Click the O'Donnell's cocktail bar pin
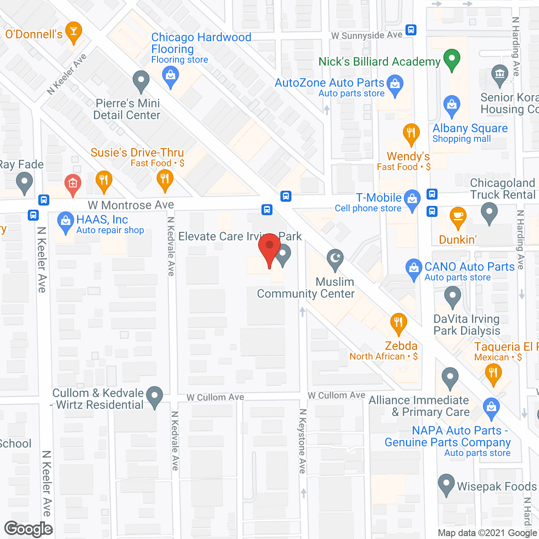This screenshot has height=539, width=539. click(x=74, y=32)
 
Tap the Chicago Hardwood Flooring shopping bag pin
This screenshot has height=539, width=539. click(x=170, y=77)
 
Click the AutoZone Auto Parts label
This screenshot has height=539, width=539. click(x=329, y=83)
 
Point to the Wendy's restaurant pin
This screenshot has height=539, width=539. click(x=411, y=133)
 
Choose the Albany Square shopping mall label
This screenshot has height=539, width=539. click(x=470, y=128)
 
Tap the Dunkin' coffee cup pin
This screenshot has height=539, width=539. click(x=458, y=217)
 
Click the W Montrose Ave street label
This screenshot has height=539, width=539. click(x=131, y=205)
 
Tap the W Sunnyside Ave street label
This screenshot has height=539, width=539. click(x=367, y=35)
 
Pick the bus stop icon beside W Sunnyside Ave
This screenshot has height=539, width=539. click(x=411, y=30)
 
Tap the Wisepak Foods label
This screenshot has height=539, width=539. click(x=497, y=487)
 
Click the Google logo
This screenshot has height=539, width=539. click(x=29, y=529)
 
